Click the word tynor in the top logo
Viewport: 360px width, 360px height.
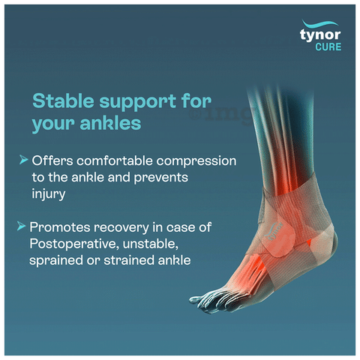coord(320,35)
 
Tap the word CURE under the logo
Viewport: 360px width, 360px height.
coord(328,47)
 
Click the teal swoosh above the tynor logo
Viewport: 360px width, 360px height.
coord(320,24)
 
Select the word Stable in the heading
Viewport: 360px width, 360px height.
coord(63,100)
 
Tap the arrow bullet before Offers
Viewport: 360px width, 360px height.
coord(23,160)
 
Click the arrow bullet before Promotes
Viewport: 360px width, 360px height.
coord(21,226)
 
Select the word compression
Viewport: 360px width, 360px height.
coord(196,161)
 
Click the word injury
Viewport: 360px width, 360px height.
coord(49,194)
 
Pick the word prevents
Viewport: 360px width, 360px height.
coord(161,178)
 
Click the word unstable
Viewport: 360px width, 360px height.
coord(151,244)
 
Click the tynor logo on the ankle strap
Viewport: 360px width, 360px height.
coord(274,231)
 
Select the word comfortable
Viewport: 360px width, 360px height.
coord(115,160)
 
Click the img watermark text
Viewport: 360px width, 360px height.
coord(220,115)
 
